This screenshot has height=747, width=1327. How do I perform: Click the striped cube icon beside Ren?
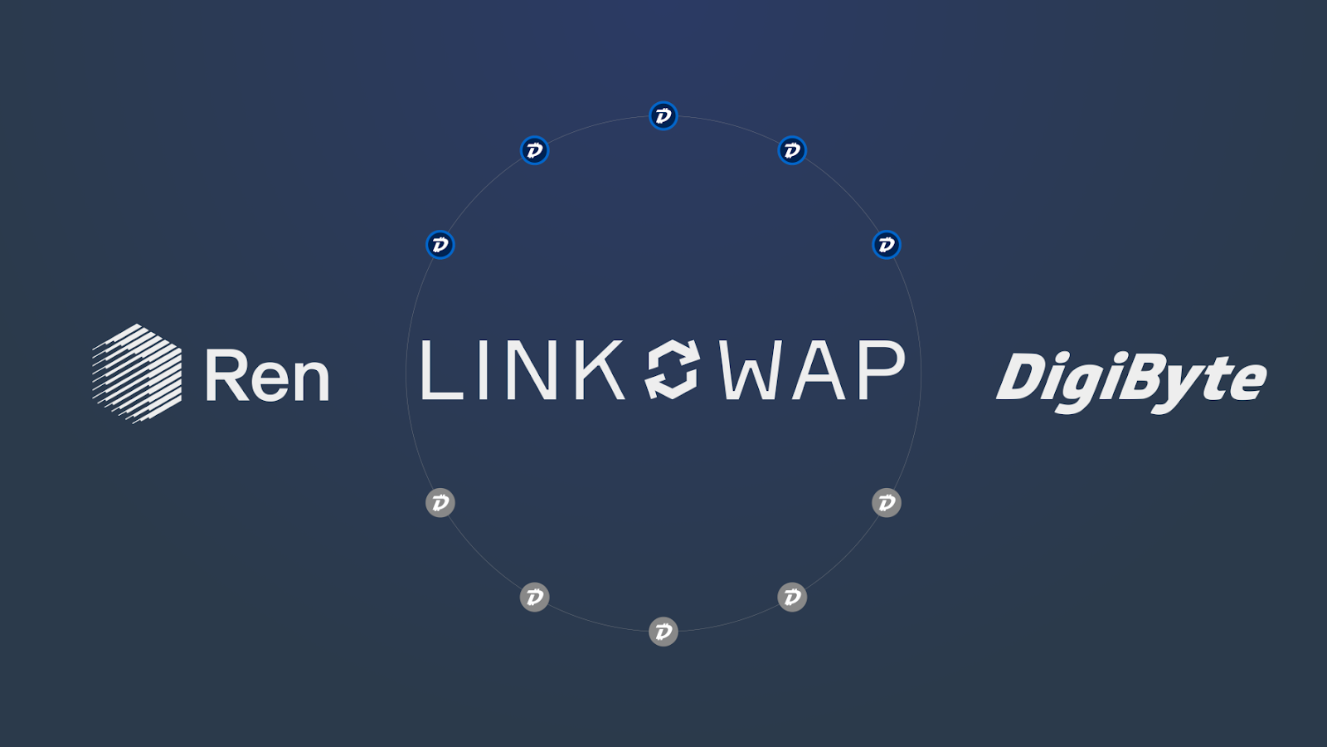(x=137, y=373)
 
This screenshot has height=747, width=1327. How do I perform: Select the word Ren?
(x=267, y=376)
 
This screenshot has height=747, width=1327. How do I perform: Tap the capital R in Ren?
(x=224, y=375)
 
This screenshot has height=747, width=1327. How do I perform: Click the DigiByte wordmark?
(x=1131, y=379)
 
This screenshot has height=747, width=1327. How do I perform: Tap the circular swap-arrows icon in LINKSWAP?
(x=672, y=369)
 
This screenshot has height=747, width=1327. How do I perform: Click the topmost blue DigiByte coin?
(x=663, y=116)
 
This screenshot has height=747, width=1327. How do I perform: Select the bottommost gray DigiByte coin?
(x=663, y=632)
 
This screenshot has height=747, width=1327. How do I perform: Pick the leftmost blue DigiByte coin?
(x=440, y=245)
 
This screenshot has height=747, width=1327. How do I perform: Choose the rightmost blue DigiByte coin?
(x=887, y=245)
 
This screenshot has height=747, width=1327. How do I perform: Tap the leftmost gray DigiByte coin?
(x=440, y=503)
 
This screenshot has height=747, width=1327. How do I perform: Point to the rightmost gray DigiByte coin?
(x=887, y=503)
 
